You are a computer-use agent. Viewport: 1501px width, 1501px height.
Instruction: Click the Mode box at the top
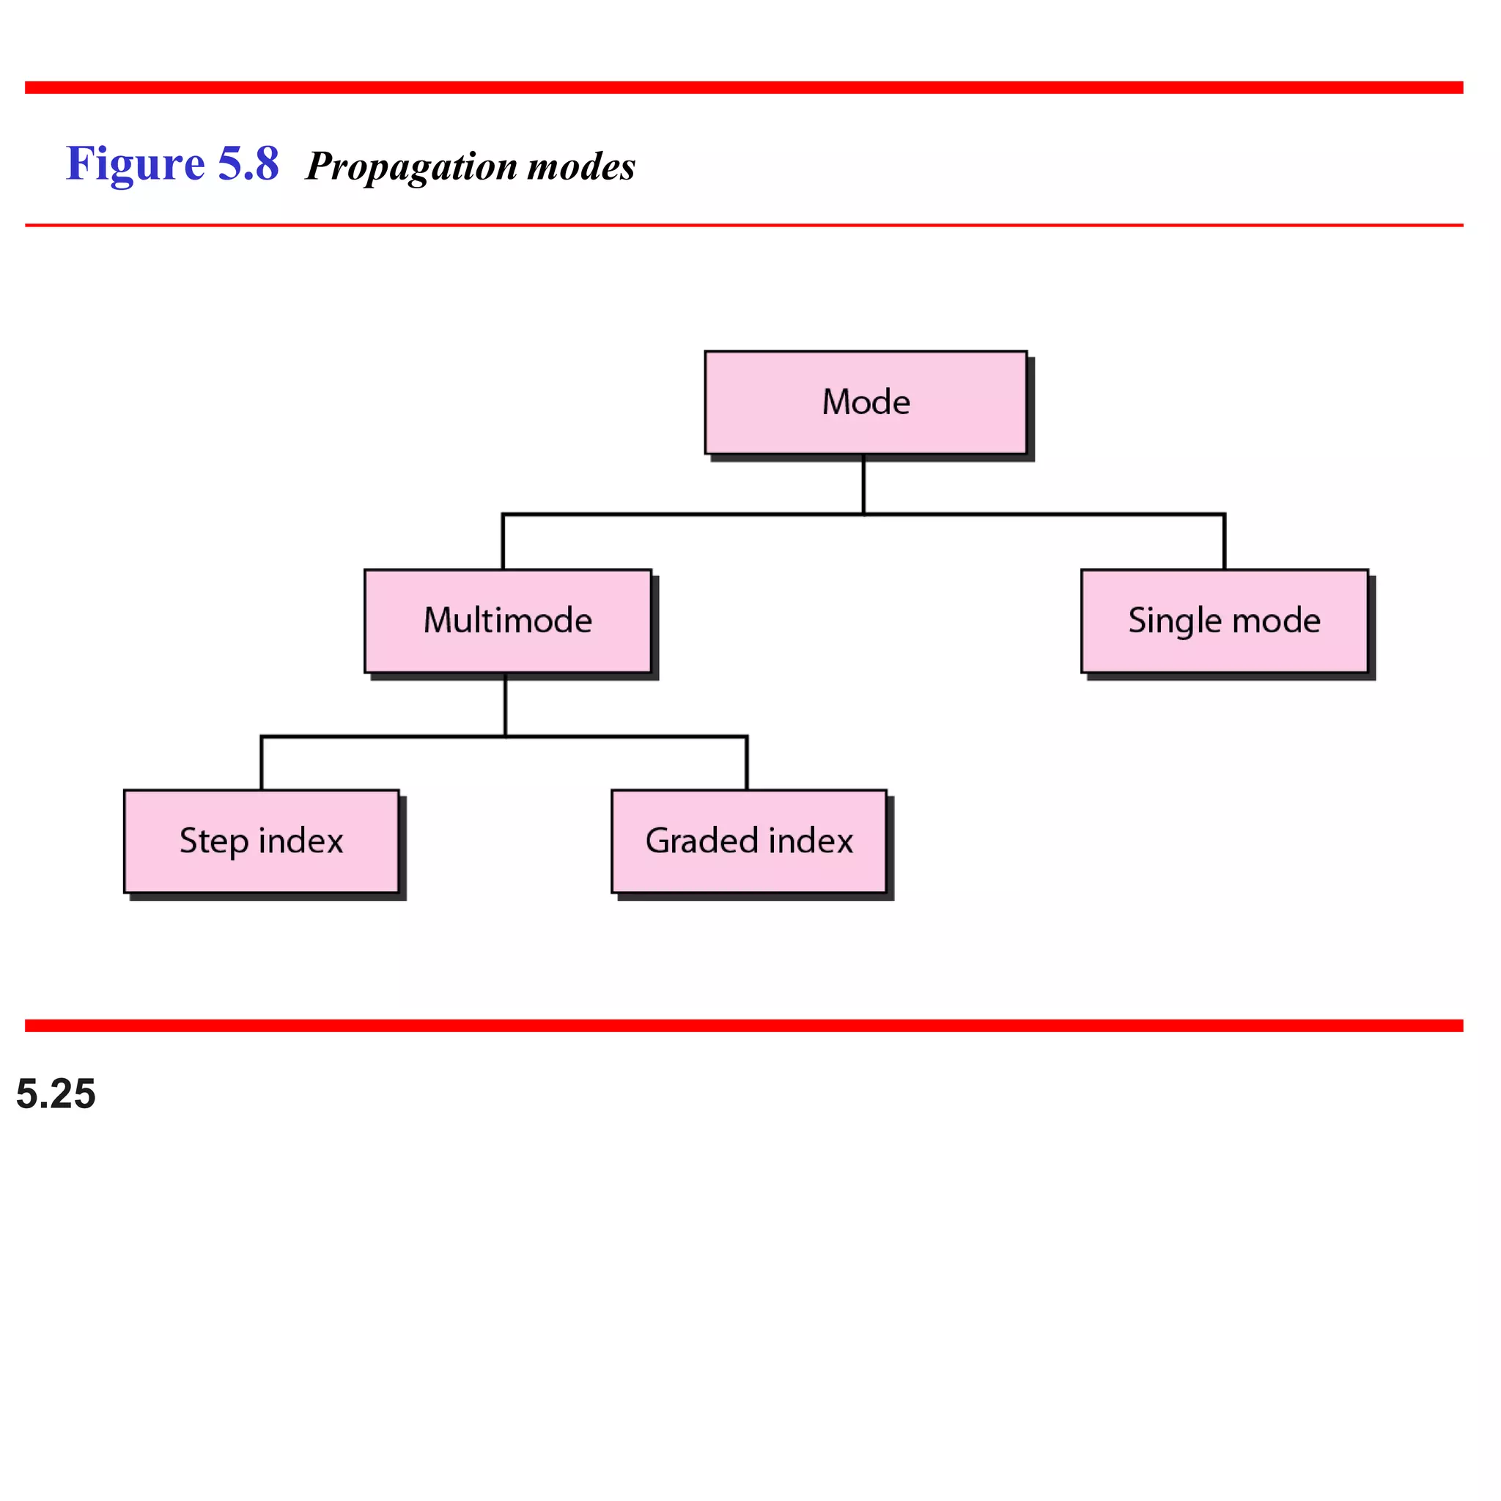pyautogui.click(x=866, y=402)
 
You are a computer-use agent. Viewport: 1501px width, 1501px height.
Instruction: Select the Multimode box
pyautogui.click(x=507, y=621)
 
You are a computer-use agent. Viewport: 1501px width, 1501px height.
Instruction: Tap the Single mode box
pyautogui.click(x=1225, y=621)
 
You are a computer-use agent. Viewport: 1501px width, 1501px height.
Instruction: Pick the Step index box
pyautogui.click(x=261, y=841)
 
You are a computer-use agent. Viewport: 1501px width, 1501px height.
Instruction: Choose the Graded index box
pyautogui.click(x=749, y=841)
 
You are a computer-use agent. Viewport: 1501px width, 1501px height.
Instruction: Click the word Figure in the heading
pyautogui.click(x=135, y=165)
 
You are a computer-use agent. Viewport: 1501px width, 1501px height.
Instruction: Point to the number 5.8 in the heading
pyautogui.click(x=248, y=165)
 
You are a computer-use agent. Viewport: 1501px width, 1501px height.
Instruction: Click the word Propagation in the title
pyautogui.click(x=412, y=167)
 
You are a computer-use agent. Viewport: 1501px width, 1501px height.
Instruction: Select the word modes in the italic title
pyautogui.click(x=581, y=167)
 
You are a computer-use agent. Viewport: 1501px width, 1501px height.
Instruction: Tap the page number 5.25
pyautogui.click(x=56, y=1094)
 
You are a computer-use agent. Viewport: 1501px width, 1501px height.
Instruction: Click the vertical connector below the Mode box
pyautogui.click(x=863, y=483)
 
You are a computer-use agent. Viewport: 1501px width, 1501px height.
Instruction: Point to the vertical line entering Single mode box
pyautogui.click(x=1225, y=542)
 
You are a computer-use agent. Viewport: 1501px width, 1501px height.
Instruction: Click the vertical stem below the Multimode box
pyautogui.click(x=505, y=704)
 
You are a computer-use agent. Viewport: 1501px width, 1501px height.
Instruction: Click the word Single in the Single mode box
pyautogui.click(x=1175, y=622)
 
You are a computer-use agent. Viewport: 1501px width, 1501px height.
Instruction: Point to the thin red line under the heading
pyautogui.click(x=745, y=225)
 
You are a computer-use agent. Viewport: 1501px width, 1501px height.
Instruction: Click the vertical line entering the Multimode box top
pyautogui.click(x=503, y=542)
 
